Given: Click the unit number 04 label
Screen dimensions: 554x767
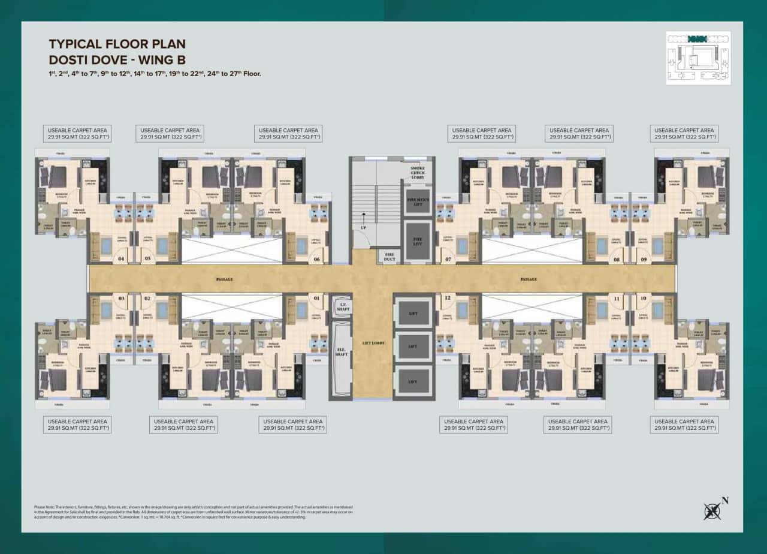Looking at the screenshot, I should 122,260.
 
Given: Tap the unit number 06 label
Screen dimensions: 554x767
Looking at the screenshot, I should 316,260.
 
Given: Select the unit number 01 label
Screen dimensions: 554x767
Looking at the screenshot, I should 316,298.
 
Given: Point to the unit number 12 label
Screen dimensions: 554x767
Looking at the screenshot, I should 447,298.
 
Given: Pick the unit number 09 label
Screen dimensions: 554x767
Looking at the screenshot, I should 643,260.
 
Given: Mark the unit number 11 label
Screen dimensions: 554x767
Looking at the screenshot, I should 616,298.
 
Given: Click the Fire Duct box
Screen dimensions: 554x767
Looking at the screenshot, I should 389,256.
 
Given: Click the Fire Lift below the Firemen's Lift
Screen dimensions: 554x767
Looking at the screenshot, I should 417,240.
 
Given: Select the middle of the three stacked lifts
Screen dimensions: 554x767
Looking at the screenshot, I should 413,347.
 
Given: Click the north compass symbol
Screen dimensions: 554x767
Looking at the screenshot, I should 713,510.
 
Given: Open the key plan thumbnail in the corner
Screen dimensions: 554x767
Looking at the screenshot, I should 698,58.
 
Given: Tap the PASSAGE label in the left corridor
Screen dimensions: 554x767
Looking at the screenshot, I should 225,279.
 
